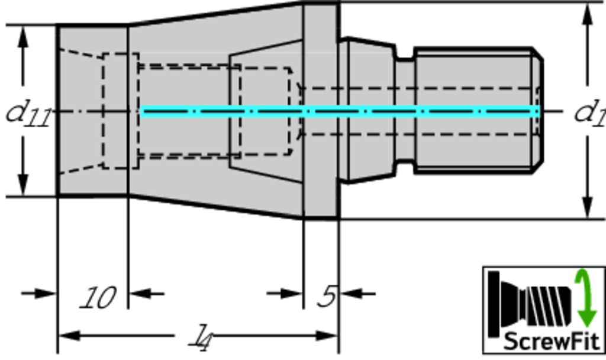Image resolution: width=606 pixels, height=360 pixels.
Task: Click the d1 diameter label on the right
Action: pyautogui.click(x=589, y=112)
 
